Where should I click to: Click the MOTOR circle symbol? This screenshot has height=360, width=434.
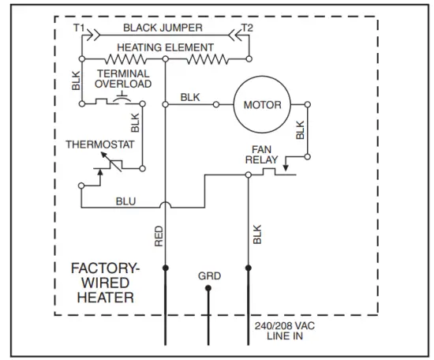click(262, 104)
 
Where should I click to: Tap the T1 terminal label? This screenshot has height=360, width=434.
click(79, 28)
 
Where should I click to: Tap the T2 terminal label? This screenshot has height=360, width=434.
click(247, 28)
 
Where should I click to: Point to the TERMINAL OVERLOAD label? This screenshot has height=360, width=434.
click(122, 77)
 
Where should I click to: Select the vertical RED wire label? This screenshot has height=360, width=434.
click(159, 234)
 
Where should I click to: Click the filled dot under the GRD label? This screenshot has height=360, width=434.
click(208, 289)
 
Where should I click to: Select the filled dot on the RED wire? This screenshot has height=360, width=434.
click(166, 269)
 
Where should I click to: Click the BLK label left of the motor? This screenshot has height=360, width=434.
click(190, 97)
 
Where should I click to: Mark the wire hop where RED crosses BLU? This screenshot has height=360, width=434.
click(166, 206)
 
